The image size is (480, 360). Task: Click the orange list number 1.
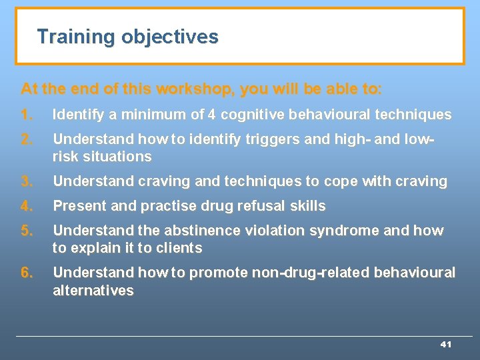(27, 115)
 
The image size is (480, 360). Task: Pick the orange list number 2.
(27, 139)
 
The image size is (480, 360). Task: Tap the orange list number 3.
(27, 181)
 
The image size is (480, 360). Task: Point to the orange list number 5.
(27, 231)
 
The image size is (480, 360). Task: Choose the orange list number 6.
(27, 273)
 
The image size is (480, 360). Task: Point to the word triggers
(245, 139)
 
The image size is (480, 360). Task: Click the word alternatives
(93, 290)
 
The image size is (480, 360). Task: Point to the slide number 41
(446, 344)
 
